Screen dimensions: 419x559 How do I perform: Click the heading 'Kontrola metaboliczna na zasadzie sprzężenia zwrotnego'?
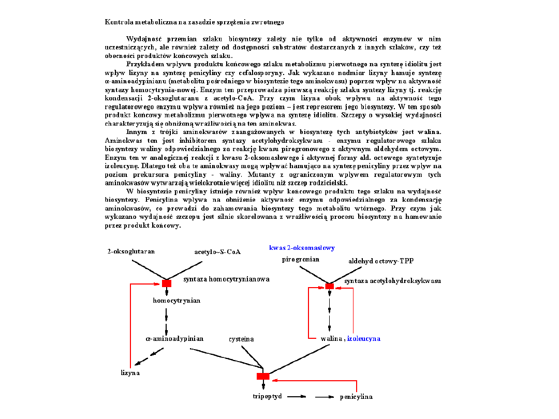tap(195, 22)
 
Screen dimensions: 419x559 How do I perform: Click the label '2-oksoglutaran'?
tap(131, 251)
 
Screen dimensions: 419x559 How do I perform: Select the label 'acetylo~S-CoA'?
tap(217, 252)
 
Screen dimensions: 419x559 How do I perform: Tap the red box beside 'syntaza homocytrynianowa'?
tap(167, 283)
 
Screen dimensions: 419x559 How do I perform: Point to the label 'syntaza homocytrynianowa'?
tap(227, 279)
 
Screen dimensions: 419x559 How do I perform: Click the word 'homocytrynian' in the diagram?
tap(176, 300)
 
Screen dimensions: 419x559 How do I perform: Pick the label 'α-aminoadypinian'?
tap(174, 338)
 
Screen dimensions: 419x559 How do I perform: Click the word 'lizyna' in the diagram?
tap(130, 372)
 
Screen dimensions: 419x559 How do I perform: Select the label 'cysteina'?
tap(241, 339)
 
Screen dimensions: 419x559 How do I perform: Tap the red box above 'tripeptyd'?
tap(263, 376)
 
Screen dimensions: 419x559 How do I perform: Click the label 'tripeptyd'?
tap(267, 397)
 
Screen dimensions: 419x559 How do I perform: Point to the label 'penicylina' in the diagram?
tap(356, 397)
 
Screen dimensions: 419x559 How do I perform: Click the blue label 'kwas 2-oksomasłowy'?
tap(302, 248)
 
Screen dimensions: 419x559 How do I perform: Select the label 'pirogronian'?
tap(300, 259)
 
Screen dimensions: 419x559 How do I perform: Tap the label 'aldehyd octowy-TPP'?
tap(381, 261)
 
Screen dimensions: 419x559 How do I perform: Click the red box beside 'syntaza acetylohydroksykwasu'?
tap(329, 286)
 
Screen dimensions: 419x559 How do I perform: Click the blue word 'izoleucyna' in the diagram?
tap(363, 338)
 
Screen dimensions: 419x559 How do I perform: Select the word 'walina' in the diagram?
tap(331, 338)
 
